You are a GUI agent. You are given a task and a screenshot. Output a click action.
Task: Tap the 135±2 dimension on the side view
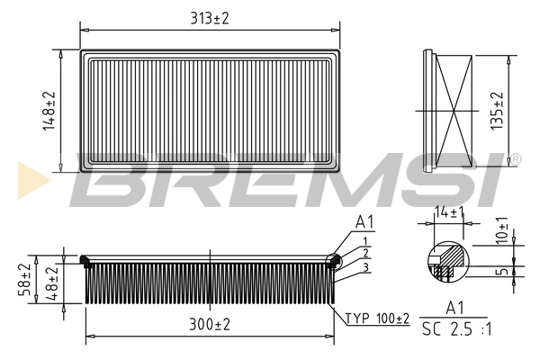497,110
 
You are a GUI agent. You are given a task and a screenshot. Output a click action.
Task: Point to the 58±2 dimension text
25,277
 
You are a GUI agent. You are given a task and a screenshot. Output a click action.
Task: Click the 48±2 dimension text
52,282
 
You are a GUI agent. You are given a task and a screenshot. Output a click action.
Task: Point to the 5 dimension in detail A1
502,270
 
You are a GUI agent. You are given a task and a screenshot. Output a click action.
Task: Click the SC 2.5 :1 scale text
456,329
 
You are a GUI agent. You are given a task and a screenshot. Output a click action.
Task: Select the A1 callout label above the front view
364,222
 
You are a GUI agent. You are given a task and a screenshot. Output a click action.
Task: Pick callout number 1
366,241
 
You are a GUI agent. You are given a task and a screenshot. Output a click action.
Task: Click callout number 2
366,254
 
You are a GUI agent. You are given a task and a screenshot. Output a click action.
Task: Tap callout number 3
366,266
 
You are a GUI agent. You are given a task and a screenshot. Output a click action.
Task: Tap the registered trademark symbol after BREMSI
517,160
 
